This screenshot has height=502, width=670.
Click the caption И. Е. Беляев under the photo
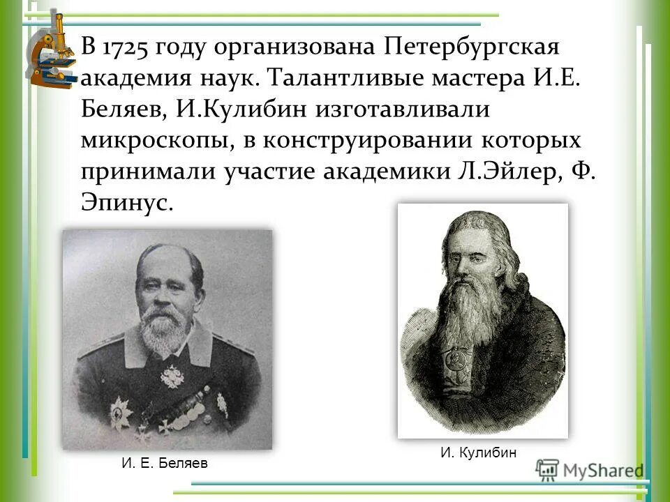[x=165, y=463]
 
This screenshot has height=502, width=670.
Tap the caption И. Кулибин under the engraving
[x=478, y=452]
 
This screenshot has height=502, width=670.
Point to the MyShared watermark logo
[x=590, y=470]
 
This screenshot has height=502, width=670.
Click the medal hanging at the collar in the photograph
[x=172, y=376]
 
